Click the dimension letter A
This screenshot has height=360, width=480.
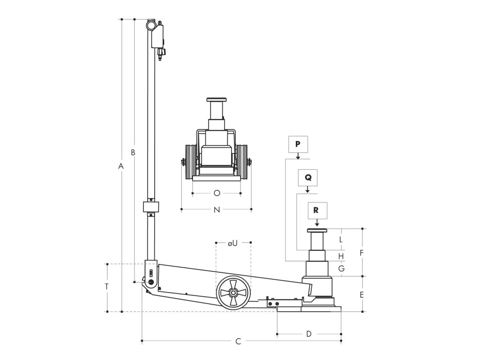[120, 166]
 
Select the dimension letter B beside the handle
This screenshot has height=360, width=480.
[133, 152]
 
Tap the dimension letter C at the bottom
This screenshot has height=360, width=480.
[238, 342]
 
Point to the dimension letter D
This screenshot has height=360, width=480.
[309, 334]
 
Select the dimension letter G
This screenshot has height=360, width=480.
[341, 269]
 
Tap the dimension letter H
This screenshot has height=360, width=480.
[341, 256]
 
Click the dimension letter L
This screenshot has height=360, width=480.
[341, 239]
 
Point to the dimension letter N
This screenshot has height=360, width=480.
[217, 210]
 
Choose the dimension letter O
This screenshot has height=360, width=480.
[217, 193]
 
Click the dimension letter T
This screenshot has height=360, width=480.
[107, 286]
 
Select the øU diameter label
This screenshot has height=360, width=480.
[233, 243]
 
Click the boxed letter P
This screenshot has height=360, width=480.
[298, 144]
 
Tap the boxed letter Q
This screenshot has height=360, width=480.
[307, 178]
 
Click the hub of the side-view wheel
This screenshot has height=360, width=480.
[232, 293]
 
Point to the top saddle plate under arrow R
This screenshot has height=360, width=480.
[317, 230]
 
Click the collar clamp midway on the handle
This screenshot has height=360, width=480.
[151, 207]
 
